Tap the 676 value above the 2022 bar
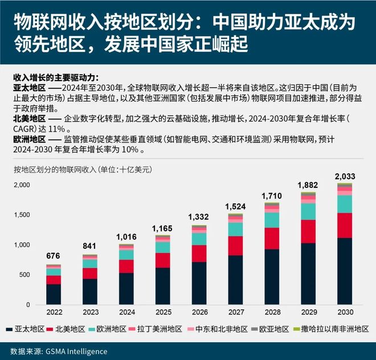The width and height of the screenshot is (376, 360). click(x=54, y=257)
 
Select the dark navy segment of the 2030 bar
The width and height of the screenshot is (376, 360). click(x=345, y=273)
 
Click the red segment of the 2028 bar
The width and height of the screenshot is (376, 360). click(x=272, y=238)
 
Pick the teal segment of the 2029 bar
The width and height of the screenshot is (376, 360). click(x=308, y=211)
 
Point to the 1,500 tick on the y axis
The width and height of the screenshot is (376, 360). click(x=22, y=215)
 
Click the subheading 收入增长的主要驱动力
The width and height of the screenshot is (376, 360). click(x=55, y=77)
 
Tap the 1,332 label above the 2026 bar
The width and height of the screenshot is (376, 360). click(x=199, y=217)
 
